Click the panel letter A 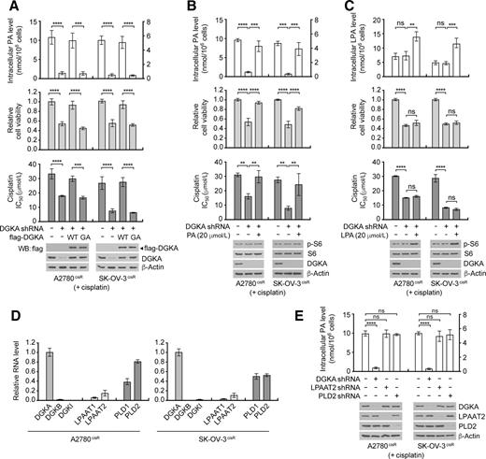point(7,7)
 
